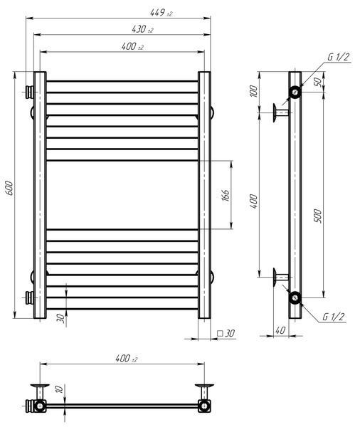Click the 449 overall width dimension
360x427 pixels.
click(162, 13)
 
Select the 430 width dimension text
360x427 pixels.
click(142, 29)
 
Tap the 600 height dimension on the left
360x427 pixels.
click(9, 188)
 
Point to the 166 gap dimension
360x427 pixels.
click(226, 195)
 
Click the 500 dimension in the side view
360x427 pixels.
click(318, 216)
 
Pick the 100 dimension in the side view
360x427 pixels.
click(253, 91)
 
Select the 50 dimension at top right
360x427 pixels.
click(318, 82)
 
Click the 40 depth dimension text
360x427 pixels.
click(280, 330)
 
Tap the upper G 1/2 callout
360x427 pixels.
click(338, 57)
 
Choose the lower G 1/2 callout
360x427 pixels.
click(333, 317)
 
